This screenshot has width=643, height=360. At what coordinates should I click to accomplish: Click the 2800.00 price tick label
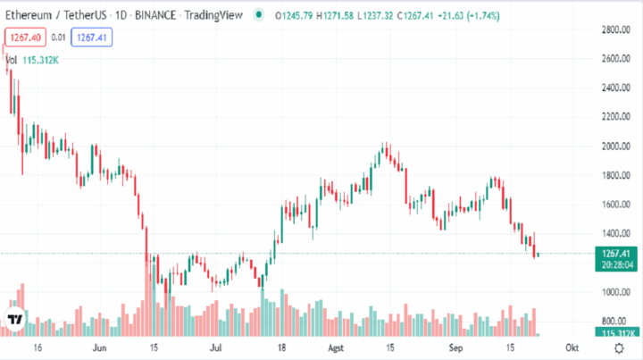(616, 30)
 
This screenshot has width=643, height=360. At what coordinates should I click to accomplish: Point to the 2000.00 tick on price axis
(616, 147)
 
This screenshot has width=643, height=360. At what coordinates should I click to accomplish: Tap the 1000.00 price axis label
(616, 292)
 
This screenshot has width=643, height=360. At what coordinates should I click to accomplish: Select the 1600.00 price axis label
(616, 205)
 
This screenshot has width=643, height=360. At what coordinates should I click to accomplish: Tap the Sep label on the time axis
(457, 347)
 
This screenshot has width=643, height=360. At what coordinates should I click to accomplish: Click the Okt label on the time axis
(572, 347)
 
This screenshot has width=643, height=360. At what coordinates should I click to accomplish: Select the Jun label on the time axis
(99, 347)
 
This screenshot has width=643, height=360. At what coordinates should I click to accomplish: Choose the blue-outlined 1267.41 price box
(92, 37)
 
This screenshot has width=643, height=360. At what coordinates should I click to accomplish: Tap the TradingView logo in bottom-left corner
(15, 320)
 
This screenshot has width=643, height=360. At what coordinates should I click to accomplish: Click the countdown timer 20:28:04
(618, 264)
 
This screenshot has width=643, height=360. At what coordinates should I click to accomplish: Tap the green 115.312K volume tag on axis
(618, 333)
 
